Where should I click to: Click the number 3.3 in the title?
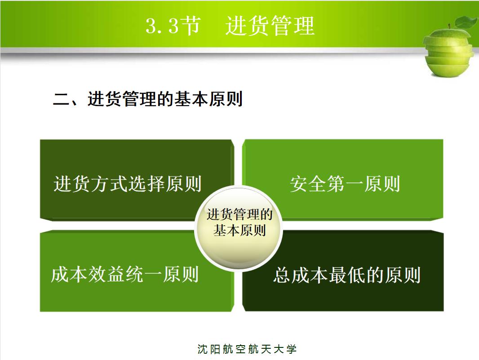162,26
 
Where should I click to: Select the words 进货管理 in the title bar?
270,26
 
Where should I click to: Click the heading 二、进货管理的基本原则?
148,99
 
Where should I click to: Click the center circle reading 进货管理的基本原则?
239,222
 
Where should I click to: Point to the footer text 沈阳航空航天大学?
247,349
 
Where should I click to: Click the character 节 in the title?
191,26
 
